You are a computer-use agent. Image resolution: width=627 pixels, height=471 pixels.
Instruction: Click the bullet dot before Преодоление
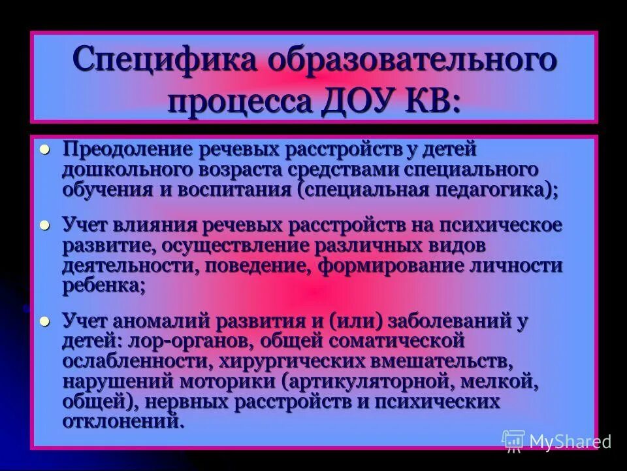pos(45,149)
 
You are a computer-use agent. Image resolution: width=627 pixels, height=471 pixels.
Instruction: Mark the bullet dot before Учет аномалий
pos(45,321)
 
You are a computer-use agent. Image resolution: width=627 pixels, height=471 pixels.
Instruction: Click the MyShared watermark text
pos(570,441)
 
